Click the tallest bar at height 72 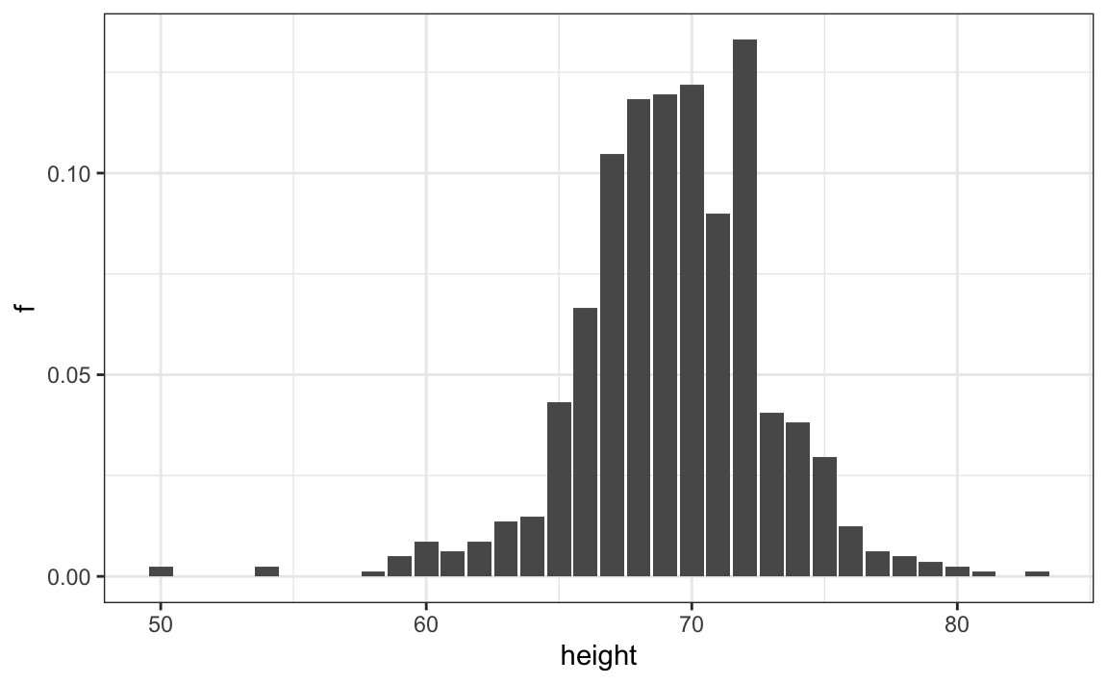[x=744, y=308]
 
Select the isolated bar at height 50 [x=161, y=571]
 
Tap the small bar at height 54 [x=266, y=571]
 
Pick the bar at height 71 [x=718, y=394]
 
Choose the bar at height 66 [x=586, y=442]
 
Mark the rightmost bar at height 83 [x=1037, y=573]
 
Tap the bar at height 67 [x=612, y=365]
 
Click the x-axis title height [x=597, y=657]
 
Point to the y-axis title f [x=26, y=308]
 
